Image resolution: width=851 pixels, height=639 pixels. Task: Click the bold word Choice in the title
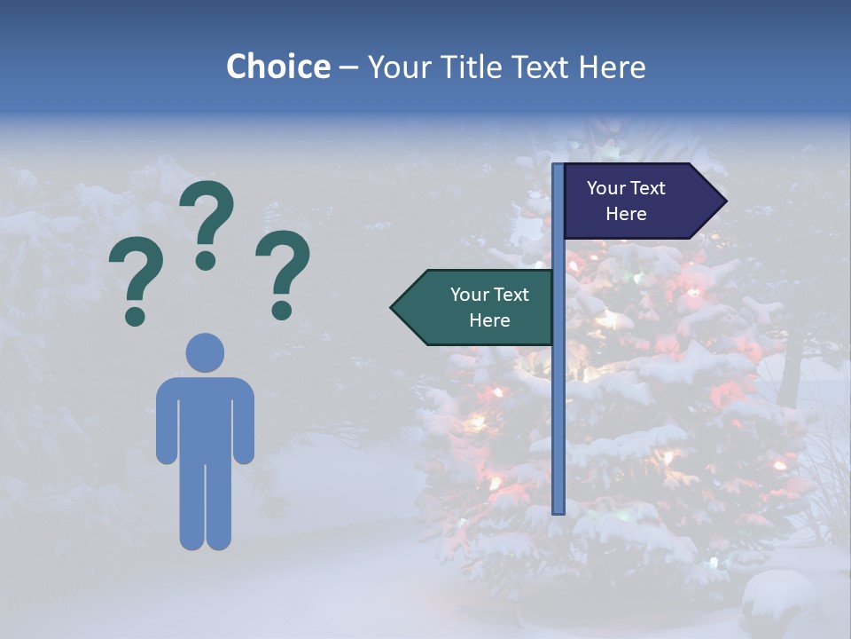[x=277, y=67]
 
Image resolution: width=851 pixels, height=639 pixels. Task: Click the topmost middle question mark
[x=207, y=224]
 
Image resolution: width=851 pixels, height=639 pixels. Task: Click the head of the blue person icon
[x=205, y=352]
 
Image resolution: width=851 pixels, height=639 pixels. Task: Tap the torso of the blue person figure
[x=205, y=417]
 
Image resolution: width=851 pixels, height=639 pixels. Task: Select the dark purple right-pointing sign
[x=634, y=201]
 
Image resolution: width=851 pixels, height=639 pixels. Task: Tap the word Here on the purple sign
[x=626, y=214]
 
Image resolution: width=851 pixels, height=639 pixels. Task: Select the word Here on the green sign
[x=489, y=320]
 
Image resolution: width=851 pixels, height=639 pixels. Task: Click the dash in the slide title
[x=348, y=67]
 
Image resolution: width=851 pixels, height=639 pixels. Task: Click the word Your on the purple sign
[x=606, y=188]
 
